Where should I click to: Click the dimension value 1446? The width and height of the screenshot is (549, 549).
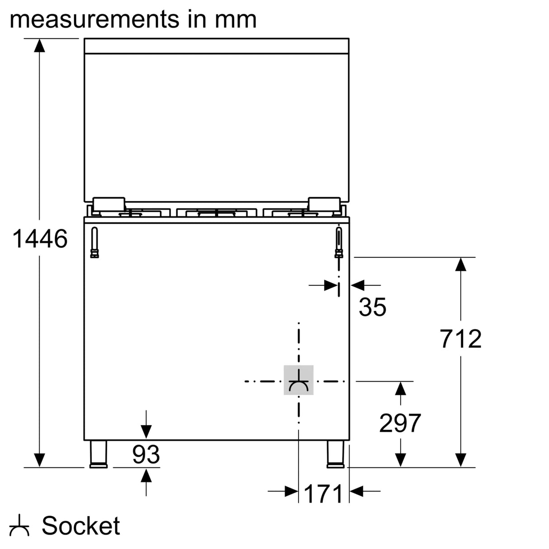(x=40, y=239)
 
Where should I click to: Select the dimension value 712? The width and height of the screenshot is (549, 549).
(x=460, y=339)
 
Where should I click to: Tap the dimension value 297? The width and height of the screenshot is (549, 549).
(x=400, y=423)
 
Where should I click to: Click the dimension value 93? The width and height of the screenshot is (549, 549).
(x=146, y=454)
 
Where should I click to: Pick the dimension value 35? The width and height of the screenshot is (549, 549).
(x=372, y=307)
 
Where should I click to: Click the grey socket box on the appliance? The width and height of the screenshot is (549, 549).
(x=298, y=380)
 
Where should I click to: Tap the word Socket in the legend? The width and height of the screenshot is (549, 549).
(x=81, y=525)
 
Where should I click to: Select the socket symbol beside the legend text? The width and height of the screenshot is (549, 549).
(x=19, y=526)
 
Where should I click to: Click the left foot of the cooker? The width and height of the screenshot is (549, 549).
(x=98, y=454)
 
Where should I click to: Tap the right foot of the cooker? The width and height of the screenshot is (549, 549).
(x=336, y=454)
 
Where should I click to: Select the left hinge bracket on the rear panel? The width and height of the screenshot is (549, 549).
(x=95, y=242)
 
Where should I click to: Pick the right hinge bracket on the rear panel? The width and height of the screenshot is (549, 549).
(x=339, y=242)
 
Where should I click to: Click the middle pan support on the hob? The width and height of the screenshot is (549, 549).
(x=217, y=212)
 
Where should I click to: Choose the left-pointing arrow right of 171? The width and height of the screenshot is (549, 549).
(x=357, y=491)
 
